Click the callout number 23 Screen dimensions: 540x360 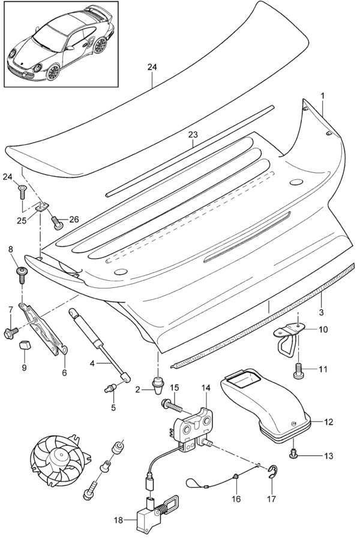click(x=193, y=135)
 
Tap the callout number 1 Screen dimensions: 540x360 click(x=322, y=95)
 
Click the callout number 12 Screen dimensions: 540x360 click(x=328, y=422)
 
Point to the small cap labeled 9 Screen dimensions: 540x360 click(x=25, y=344)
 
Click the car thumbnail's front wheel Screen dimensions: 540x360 click(x=53, y=72)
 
